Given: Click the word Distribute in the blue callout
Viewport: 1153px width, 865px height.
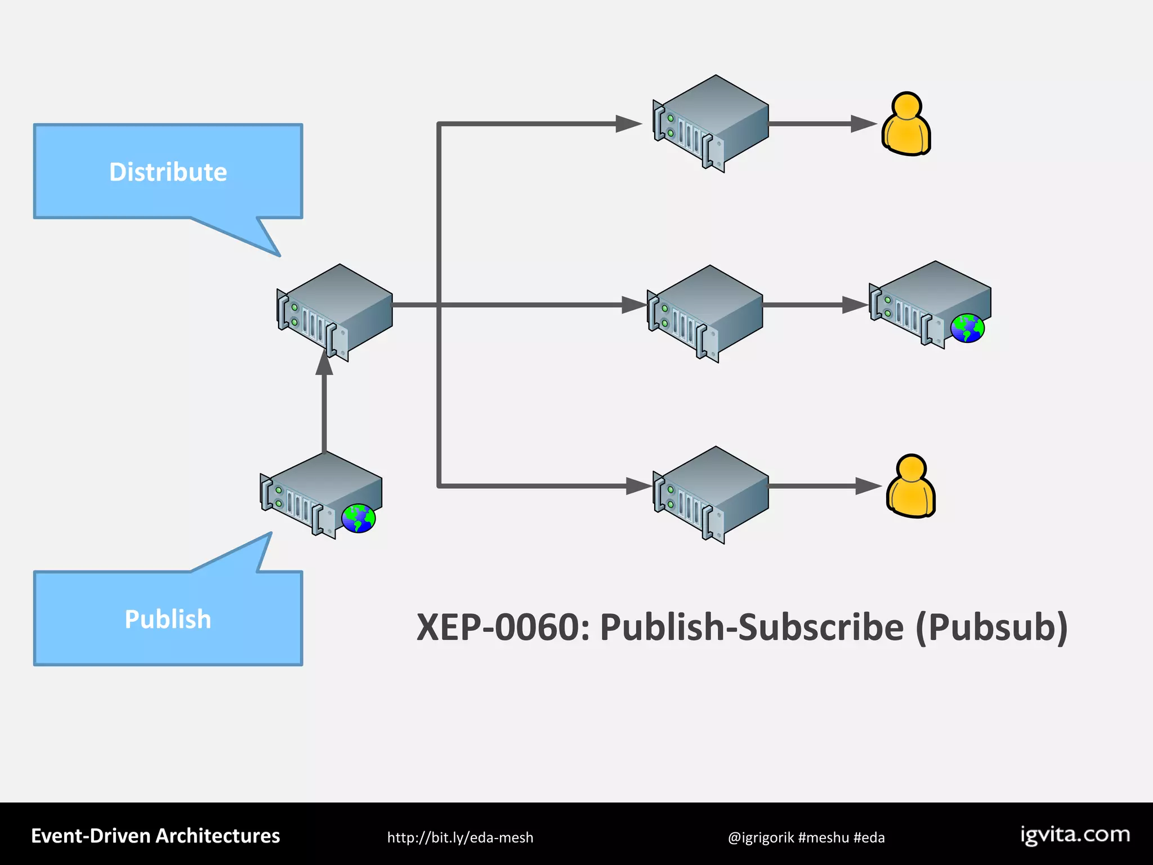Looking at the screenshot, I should pos(168,172).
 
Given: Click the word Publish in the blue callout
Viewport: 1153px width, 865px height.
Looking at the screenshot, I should pos(168,619).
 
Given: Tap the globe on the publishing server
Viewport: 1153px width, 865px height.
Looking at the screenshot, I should pos(358,518).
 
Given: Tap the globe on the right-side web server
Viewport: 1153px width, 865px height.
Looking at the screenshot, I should pos(967,328).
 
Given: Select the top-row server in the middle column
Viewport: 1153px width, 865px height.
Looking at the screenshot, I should pos(711,123).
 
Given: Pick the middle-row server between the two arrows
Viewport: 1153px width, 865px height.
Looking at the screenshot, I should pos(705,313).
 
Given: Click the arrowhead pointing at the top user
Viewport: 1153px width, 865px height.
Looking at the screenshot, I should pos(862,124).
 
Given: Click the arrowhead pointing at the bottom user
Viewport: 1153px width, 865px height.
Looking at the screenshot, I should pos(867,486).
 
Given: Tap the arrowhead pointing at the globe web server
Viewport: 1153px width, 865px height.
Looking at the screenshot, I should pos(855,305).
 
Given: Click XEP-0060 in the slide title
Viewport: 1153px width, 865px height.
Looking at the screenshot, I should pos(503,627).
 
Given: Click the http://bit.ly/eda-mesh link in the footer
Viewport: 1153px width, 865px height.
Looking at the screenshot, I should pos(460,837).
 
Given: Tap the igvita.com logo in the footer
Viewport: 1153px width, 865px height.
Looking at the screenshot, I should pos(1075,835).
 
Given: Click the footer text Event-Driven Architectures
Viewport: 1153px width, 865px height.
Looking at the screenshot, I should pos(155,836).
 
